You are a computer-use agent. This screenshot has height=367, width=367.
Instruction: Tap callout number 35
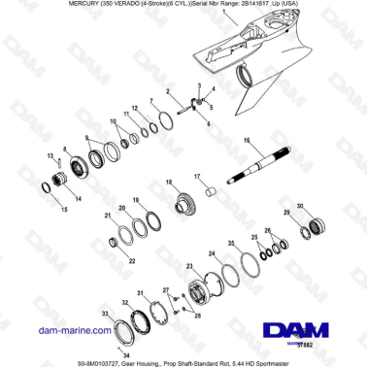[x=230, y=242]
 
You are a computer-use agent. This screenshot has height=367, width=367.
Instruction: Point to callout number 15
[x=66, y=210]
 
